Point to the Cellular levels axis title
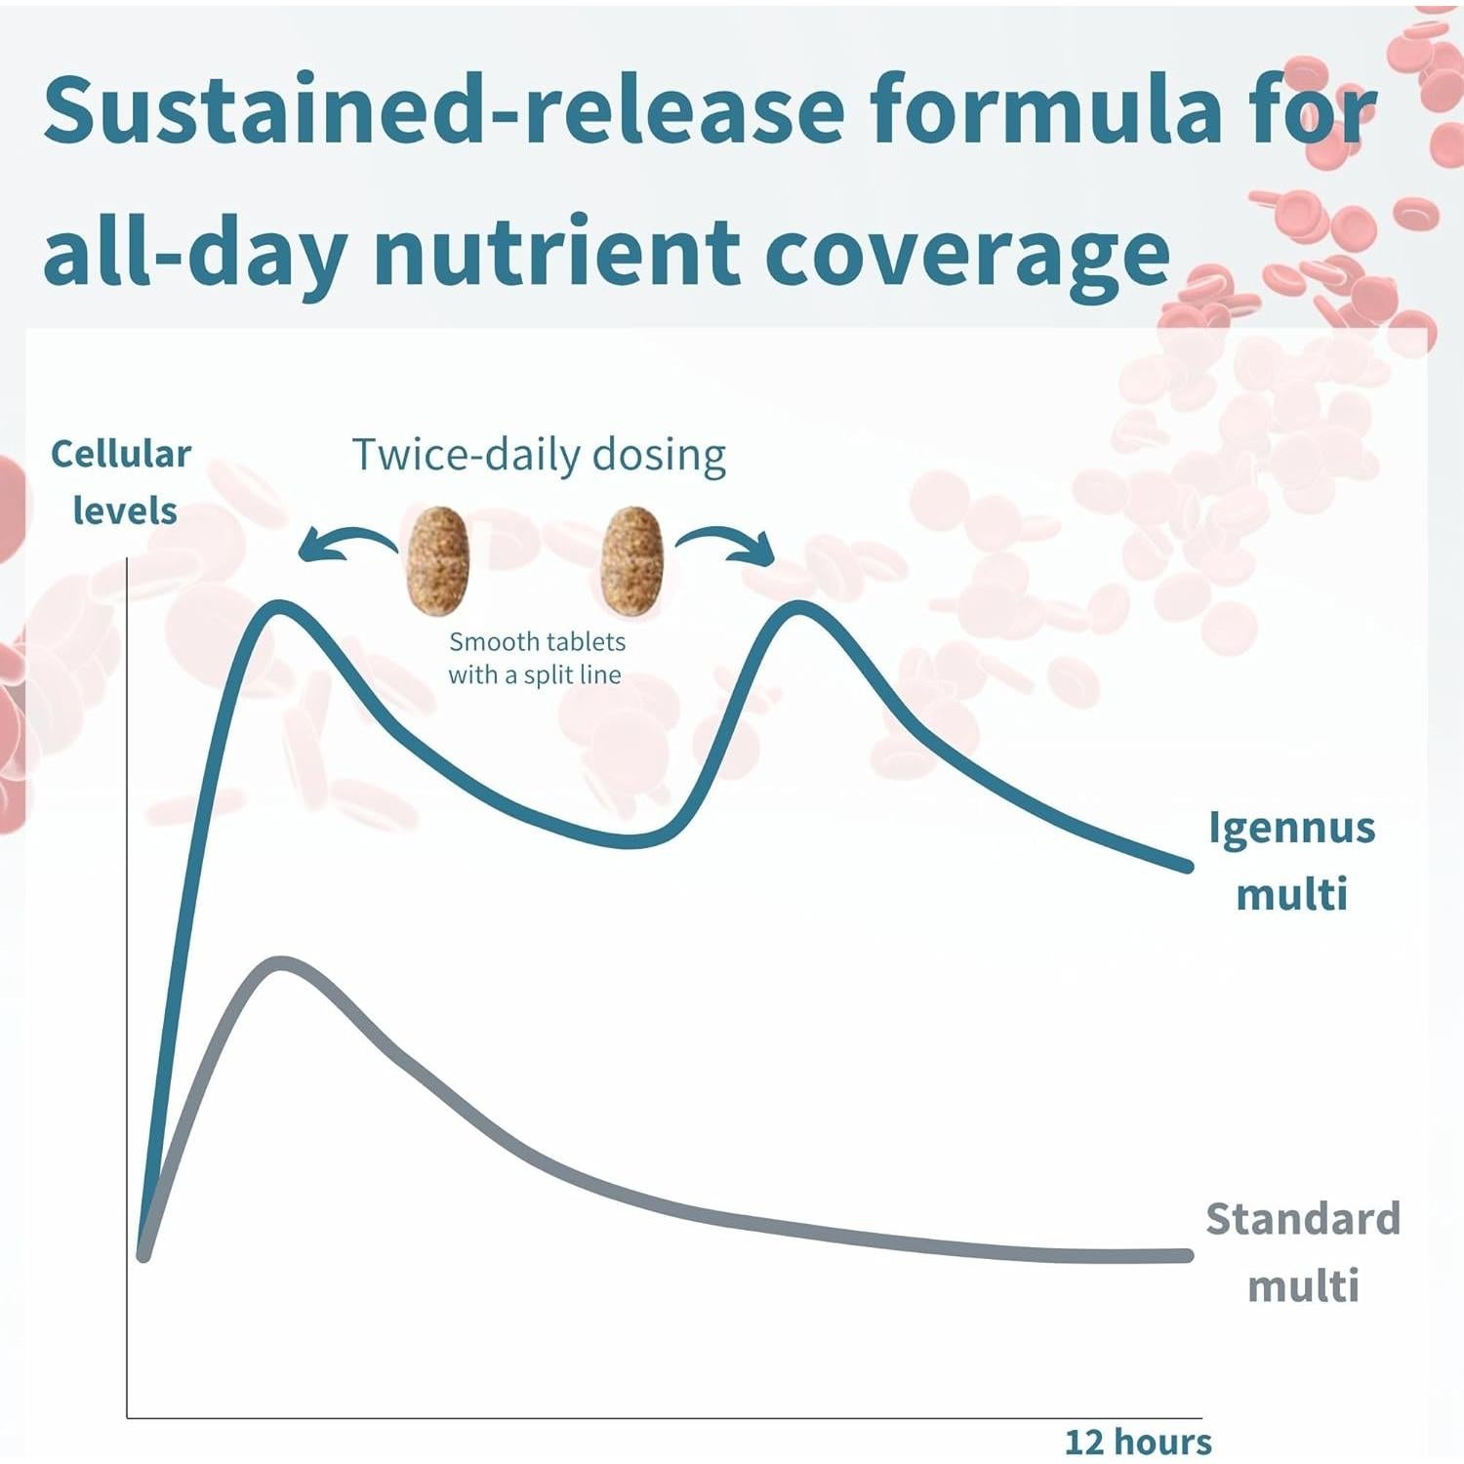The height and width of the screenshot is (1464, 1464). pos(122,482)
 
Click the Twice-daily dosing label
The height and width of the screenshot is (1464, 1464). pos(539,455)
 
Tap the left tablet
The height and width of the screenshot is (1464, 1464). pos(438,561)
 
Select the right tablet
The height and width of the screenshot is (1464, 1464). pos(631,561)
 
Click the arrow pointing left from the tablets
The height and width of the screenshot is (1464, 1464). pos(346,543)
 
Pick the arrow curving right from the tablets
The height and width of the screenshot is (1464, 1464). pos(727,543)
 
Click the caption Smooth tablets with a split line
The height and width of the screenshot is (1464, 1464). pos(536,658)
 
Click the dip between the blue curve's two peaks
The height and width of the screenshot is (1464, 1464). pos(630,840)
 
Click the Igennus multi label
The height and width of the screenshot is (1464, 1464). pos(1291,860)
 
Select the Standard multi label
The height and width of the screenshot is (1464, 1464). pos(1303,1252)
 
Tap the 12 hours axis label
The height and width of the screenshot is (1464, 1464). pos(1138,1441)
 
